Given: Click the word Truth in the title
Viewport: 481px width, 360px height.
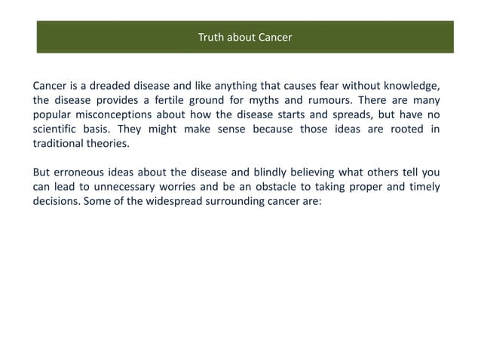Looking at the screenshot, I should click(210, 37).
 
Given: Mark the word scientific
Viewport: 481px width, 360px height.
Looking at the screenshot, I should click(57, 130).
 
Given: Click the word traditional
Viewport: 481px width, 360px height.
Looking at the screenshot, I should click(60, 144).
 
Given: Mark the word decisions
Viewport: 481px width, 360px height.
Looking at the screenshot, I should click(57, 202).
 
